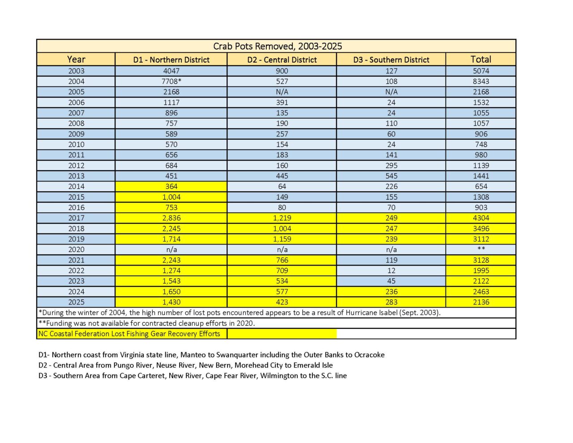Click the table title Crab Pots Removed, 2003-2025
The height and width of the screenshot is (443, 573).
click(277, 46)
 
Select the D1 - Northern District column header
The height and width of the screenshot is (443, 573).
click(171, 60)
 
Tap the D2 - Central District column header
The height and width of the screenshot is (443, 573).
click(282, 60)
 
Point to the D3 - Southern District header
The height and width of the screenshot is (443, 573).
click(391, 60)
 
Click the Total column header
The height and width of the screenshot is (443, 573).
click(481, 59)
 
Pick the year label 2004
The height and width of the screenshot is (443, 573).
click(76, 82)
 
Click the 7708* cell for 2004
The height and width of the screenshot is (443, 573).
click(171, 82)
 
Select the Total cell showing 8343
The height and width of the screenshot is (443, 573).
click(481, 82)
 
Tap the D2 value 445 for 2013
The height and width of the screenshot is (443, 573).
click(282, 176)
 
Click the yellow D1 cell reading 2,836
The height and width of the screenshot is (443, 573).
click(171, 218)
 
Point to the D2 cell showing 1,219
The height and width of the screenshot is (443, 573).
click(282, 218)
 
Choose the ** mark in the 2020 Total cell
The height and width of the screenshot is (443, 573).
click(481, 249)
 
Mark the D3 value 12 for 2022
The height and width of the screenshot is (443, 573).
click(391, 271)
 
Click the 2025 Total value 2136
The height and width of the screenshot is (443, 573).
click(481, 302)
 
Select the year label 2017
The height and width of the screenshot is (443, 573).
click(76, 218)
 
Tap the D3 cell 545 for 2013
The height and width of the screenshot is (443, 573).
click(391, 176)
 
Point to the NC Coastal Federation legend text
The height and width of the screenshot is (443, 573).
click(129, 334)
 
